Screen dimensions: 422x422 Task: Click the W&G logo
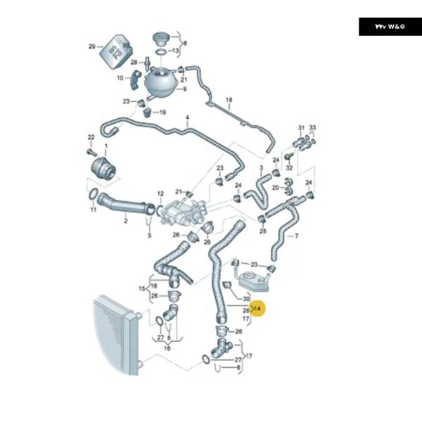pyautogui.click(x=390, y=26)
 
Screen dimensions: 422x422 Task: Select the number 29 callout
pyautogui.click(x=91, y=47)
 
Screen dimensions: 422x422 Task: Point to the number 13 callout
pyautogui.click(x=176, y=51)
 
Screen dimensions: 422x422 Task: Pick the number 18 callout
pyautogui.click(x=228, y=101)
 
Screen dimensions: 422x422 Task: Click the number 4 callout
pyautogui.click(x=187, y=117)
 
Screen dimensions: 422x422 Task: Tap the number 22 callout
pyautogui.click(x=91, y=136)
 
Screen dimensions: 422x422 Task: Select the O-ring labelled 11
pyautogui.click(x=94, y=193)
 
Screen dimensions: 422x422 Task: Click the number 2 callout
pyautogui.click(x=125, y=221)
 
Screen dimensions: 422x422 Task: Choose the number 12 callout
pyautogui.click(x=160, y=193)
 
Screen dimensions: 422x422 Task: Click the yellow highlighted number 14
pyautogui.click(x=257, y=308)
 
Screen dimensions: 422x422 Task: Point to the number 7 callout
pyautogui.click(x=296, y=236)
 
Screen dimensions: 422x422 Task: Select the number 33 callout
pyautogui.click(x=313, y=128)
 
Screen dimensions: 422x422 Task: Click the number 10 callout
pyautogui.click(x=120, y=77)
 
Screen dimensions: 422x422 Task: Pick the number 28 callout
pyautogui.click(x=133, y=63)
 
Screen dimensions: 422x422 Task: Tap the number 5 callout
pyautogui.click(x=149, y=236)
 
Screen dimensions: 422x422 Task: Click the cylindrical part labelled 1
pyautogui.click(x=103, y=169)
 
